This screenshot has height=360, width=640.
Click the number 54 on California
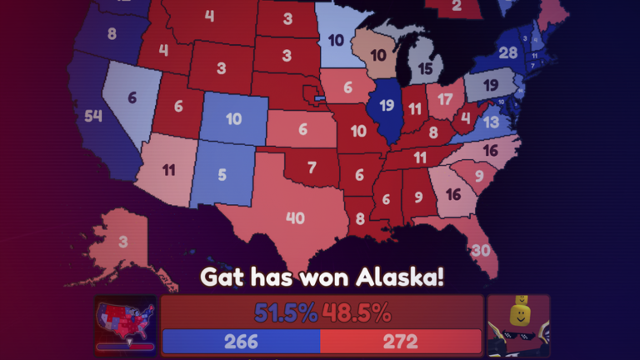coord(92,116)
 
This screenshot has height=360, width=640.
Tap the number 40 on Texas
coord(295,218)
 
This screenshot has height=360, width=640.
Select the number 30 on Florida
coord(480,251)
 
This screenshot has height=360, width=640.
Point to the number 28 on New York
coord(507,53)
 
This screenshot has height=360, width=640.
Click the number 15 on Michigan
coord(426,68)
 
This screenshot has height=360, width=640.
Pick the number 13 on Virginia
coord(491,122)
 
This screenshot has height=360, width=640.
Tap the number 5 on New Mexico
coord(222,175)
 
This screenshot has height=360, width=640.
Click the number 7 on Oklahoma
coord(311,167)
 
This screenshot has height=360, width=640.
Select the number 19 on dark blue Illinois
coord(386,105)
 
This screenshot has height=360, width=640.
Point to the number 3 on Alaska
coord(122,242)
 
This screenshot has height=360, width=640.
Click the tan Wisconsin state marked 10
coord(377,56)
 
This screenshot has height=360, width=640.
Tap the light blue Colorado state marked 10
coord(233,119)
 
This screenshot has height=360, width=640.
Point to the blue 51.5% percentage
coord(286,313)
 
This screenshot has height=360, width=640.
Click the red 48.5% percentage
coord(357,313)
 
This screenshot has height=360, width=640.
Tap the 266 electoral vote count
coord(241,342)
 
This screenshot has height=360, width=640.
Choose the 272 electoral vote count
coord(400,342)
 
